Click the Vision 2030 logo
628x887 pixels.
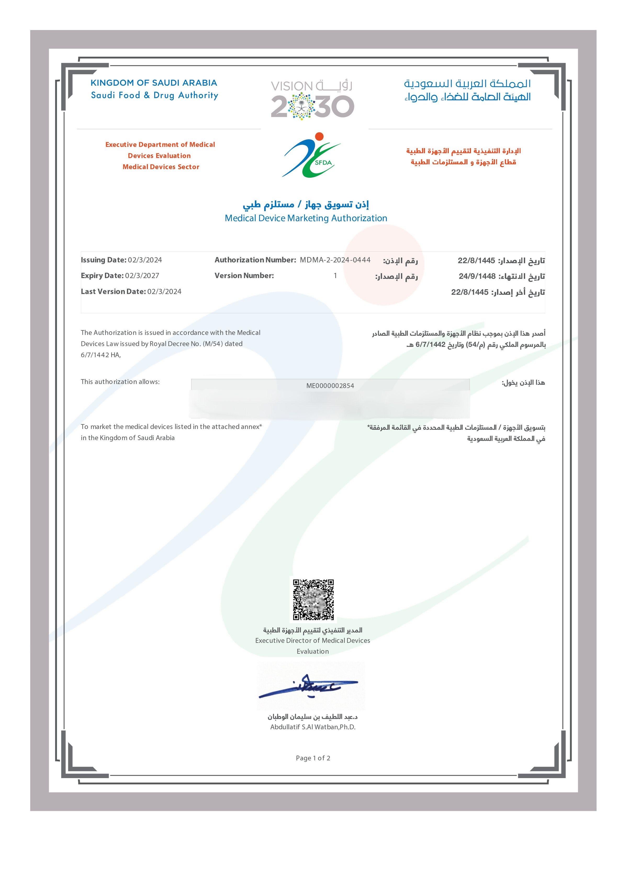point(312,99)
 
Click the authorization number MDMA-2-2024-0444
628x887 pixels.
point(335,260)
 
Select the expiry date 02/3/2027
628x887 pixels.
point(142,276)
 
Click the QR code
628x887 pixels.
point(313,599)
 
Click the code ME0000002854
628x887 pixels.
point(330,385)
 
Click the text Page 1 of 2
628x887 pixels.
point(313,758)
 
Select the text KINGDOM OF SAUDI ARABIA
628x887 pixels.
point(154,83)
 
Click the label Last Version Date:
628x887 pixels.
point(113,291)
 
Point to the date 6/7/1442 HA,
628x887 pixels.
point(100,355)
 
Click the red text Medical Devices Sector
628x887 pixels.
point(161,167)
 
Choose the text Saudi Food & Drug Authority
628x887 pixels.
point(154,95)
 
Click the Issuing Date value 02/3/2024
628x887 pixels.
point(145,260)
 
